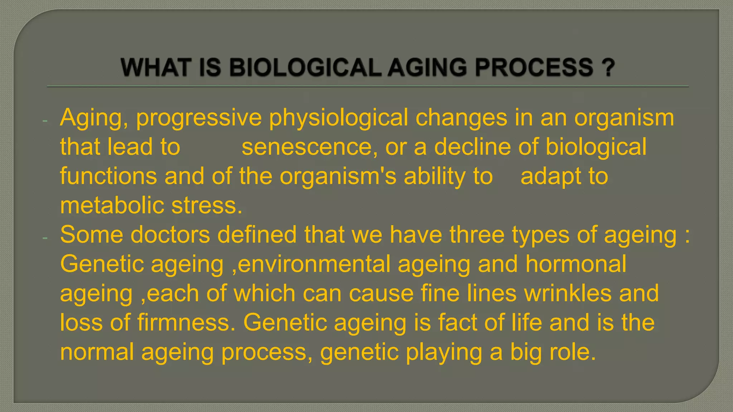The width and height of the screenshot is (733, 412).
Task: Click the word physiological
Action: pos(338,118)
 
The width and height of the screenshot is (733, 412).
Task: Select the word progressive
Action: pos(199,118)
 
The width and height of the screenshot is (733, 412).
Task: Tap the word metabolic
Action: pos(112,206)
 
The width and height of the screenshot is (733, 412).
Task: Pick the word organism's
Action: pos(338,177)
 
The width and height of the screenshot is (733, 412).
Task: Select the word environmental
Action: pos(314,264)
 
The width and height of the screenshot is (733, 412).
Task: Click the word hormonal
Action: pos(576,264)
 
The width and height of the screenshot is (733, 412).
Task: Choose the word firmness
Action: pos(186,323)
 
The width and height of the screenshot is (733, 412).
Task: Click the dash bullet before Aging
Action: pos(45,121)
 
